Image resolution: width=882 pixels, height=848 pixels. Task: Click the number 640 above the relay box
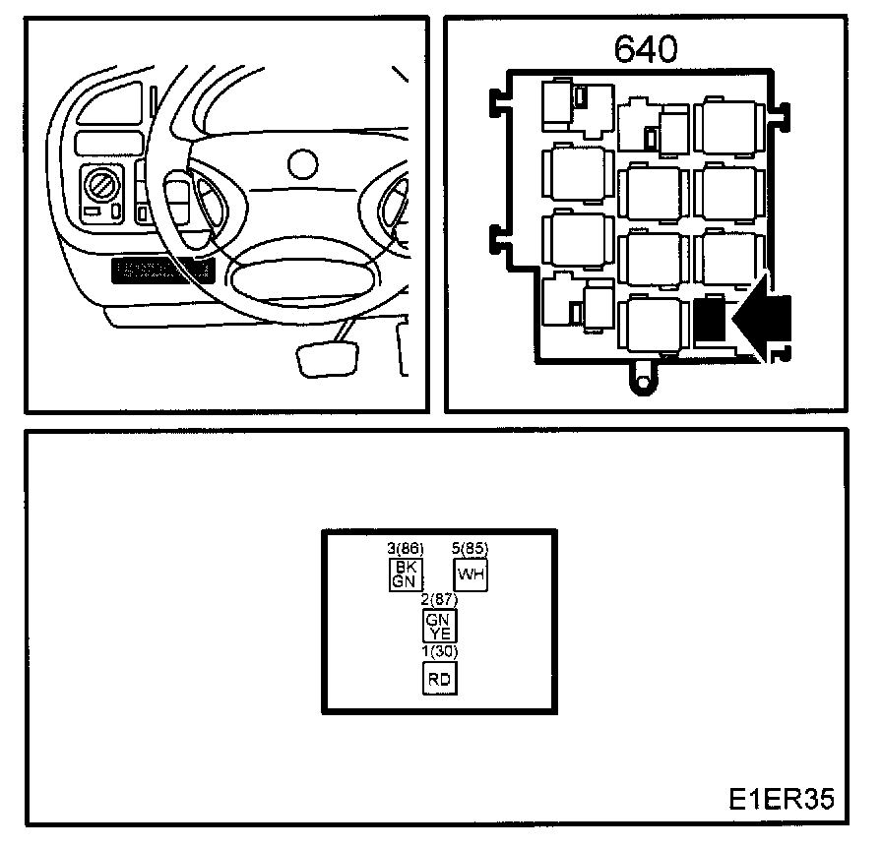pyautogui.click(x=647, y=49)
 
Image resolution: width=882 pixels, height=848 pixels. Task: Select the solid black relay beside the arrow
pyautogui.click(x=710, y=321)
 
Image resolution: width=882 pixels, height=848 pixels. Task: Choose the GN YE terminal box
pyautogui.click(x=438, y=626)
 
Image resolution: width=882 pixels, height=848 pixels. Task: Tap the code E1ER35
pyautogui.click(x=782, y=797)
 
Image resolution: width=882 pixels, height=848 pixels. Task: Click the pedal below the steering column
pyautogui.click(x=324, y=359)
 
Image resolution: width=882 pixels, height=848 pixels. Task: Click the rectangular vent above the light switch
pyautogui.click(x=110, y=142)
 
